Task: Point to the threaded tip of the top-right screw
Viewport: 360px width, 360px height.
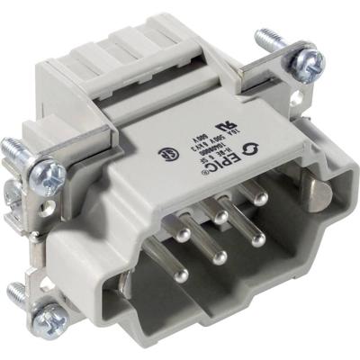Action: click(x=263, y=38)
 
